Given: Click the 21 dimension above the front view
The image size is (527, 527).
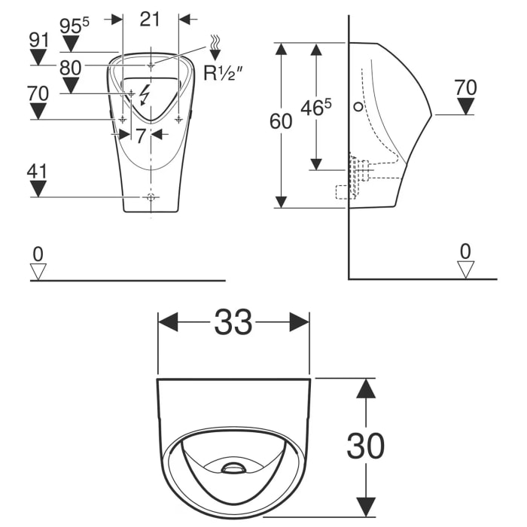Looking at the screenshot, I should [x=151, y=19].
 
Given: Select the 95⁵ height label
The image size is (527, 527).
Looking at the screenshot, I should [x=74, y=26].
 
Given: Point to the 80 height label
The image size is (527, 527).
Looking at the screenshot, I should [x=70, y=67].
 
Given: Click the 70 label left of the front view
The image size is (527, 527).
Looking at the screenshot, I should [x=38, y=94].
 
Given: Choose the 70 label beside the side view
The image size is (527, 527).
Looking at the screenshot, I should [x=466, y=87].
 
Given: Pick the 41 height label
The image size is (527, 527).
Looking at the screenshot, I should [x=37, y=171].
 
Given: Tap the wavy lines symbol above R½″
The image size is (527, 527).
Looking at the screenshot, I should [x=216, y=43].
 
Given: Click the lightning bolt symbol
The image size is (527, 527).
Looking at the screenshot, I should [x=145, y=93].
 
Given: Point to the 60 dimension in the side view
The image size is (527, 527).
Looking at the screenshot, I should [x=281, y=122].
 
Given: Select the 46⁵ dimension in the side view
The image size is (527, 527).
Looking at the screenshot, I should [x=317, y=108].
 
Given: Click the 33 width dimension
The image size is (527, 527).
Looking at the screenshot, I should [x=233, y=323].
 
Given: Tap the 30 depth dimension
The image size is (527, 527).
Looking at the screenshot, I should [x=365, y=446].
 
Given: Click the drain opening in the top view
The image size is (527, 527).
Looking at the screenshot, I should [x=234, y=468].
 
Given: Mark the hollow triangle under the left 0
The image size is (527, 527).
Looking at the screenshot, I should [x=38, y=270].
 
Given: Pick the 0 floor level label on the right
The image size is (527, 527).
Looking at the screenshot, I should [x=466, y=251].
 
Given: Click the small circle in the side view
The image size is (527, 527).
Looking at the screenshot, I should [x=358, y=108].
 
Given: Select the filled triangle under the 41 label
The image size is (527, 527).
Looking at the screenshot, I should [x=37, y=189].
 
